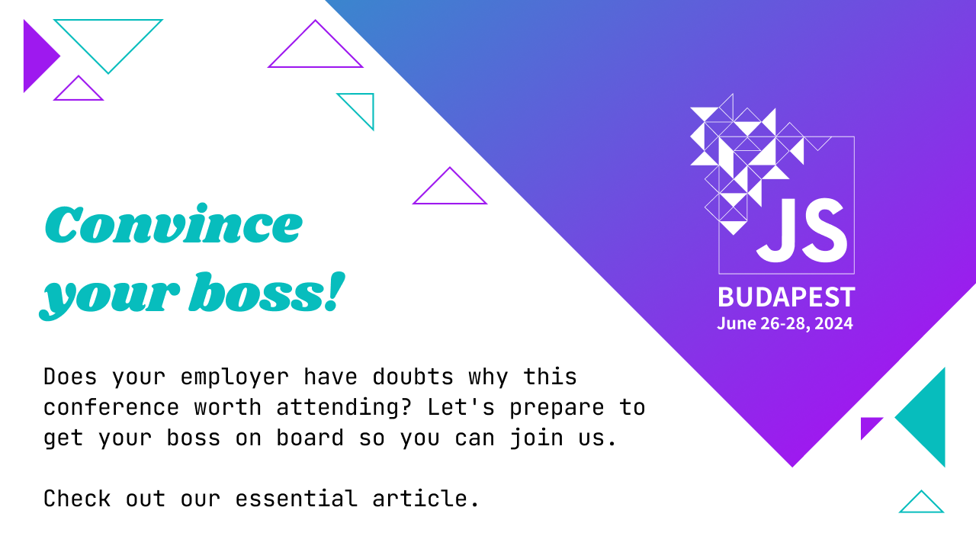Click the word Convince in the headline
(173, 224)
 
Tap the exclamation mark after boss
(330, 294)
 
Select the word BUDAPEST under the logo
(786, 297)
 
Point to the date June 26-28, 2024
(785, 323)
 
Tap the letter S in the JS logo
(823, 230)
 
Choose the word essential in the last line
(296, 499)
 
